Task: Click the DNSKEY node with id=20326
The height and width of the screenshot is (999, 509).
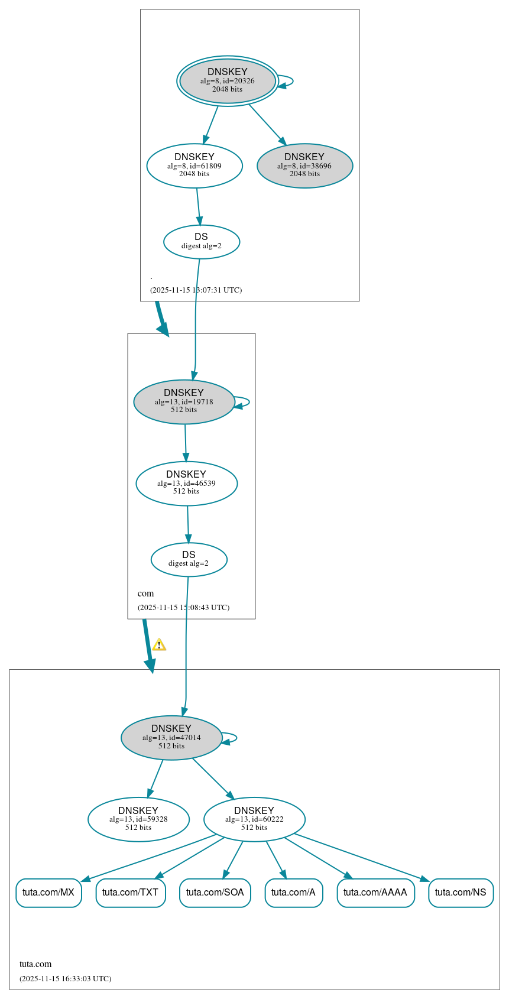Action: pyautogui.click(x=228, y=81)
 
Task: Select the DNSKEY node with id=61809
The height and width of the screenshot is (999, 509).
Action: pyautogui.click(x=194, y=166)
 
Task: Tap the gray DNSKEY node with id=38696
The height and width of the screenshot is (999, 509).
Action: pyautogui.click(x=304, y=166)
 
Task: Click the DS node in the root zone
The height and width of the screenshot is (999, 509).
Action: pyautogui.click(x=202, y=242)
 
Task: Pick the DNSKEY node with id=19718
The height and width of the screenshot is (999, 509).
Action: pyautogui.click(x=184, y=402)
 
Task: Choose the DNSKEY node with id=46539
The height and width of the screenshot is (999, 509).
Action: pyautogui.click(x=186, y=484)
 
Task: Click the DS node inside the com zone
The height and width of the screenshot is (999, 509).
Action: pyautogui.click(x=189, y=559)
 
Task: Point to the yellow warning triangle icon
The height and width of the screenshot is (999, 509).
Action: pyautogui.click(x=159, y=645)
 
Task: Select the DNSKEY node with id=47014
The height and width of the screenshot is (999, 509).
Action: pyautogui.click(x=171, y=738)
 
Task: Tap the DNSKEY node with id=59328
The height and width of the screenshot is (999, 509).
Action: pyautogui.click(x=138, y=819)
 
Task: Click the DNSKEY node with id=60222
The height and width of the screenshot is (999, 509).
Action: pyautogui.click(x=254, y=819)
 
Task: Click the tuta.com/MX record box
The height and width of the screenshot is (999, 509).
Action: pyautogui.click(x=48, y=893)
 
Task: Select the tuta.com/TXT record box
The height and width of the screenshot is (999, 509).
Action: pyautogui.click(x=131, y=893)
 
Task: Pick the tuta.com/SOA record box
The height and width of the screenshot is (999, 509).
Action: pyautogui.click(x=215, y=893)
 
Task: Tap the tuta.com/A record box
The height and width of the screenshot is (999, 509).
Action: pyautogui.click(x=293, y=893)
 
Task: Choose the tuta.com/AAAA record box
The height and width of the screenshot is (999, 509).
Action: pyautogui.click(x=375, y=893)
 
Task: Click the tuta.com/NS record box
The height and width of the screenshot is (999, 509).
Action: pyautogui.click(x=461, y=893)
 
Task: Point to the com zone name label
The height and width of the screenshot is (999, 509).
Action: pyautogui.click(x=145, y=593)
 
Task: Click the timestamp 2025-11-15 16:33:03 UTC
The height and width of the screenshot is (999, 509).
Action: pyautogui.click(x=65, y=979)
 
